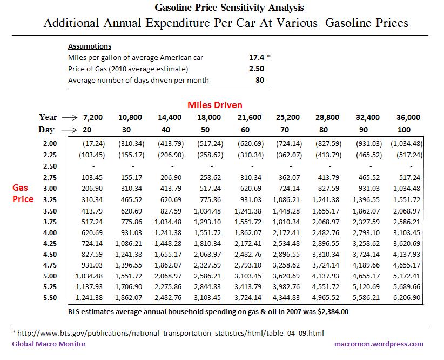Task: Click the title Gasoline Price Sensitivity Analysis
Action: (x=229, y=8)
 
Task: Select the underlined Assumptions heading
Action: (x=90, y=46)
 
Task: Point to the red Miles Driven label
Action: (x=214, y=105)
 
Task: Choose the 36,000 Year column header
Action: (x=408, y=117)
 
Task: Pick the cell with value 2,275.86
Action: (x=171, y=288)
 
